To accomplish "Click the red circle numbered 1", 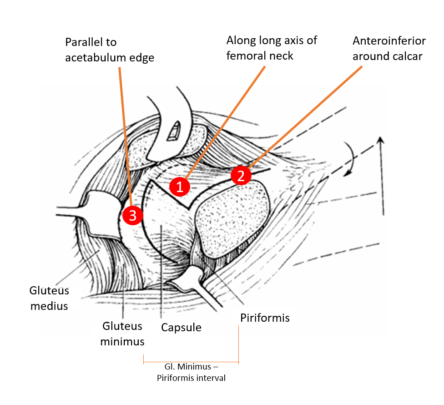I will tap(179, 187).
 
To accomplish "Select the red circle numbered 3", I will tap(132, 216).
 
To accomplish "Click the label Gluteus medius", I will tap(49, 298).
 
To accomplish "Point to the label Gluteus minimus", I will tap(122, 334).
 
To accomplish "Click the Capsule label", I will tap(182, 327).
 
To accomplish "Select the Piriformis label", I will tap(265, 317).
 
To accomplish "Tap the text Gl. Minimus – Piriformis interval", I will tap(191, 372).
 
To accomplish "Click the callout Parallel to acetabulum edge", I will tap(110, 50).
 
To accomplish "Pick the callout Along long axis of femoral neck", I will tap(272, 48).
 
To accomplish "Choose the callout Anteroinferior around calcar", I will tap(389, 48).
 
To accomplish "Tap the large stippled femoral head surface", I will tap(232, 218).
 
